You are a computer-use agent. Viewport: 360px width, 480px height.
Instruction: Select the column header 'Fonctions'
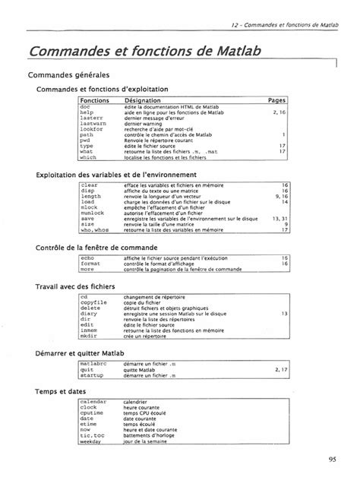tap(95, 100)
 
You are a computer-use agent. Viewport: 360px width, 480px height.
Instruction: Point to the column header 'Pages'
tap(276, 100)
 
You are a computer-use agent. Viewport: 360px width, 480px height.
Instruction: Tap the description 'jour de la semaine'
tap(147, 441)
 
